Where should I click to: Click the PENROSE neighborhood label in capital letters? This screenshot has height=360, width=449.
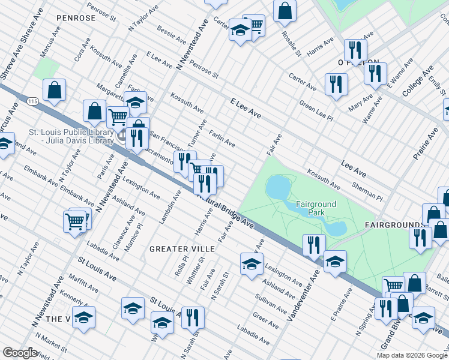coord(76,18)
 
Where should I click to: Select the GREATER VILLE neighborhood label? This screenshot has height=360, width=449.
coord(176,248)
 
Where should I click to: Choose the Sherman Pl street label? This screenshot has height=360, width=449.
coord(367,192)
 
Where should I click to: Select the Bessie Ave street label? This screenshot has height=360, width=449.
coord(171,34)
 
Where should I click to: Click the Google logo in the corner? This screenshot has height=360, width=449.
coord(20,353)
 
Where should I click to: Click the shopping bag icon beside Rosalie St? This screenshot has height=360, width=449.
coord(285,10)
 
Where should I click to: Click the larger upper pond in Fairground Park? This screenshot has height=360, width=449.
coord(277,188)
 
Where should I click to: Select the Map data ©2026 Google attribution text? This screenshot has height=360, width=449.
coord(412,355)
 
